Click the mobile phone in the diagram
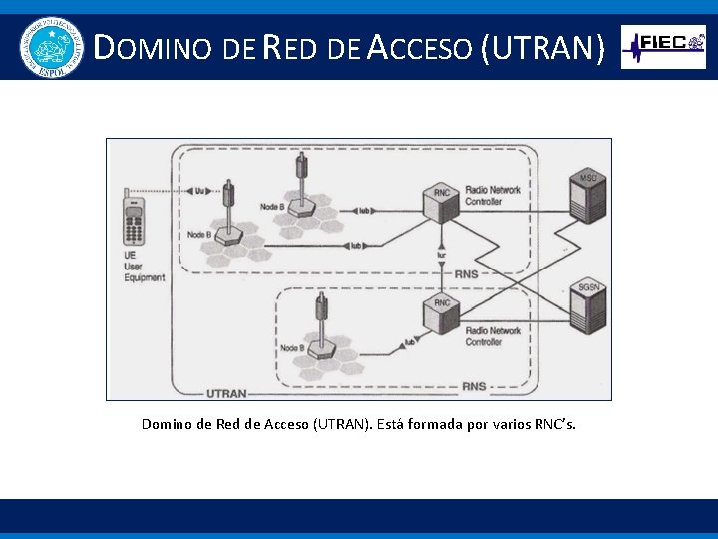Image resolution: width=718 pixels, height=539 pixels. pyautogui.click(x=132, y=217)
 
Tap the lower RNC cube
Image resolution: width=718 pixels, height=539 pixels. pyautogui.click(x=442, y=314)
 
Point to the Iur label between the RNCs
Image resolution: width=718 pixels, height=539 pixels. pyautogui.click(x=441, y=255)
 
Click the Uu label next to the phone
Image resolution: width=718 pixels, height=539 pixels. pyautogui.click(x=199, y=189)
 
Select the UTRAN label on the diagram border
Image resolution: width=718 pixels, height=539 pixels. pyautogui.click(x=226, y=393)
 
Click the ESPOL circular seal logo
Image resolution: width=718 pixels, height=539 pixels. pyautogui.click(x=49, y=47)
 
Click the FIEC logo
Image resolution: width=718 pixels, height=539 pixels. pyautogui.click(x=663, y=46)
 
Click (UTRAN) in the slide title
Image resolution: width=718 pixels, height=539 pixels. pyautogui.click(x=542, y=47)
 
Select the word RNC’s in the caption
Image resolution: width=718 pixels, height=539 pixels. pyautogui.click(x=554, y=425)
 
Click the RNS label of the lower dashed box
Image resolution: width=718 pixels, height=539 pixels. pyautogui.click(x=474, y=386)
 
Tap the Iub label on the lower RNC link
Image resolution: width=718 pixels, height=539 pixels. pyautogui.click(x=409, y=342)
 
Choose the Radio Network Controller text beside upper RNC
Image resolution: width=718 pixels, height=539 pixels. pyautogui.click(x=492, y=196)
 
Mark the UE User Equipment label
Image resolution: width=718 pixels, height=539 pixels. pyautogui.click(x=144, y=267)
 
